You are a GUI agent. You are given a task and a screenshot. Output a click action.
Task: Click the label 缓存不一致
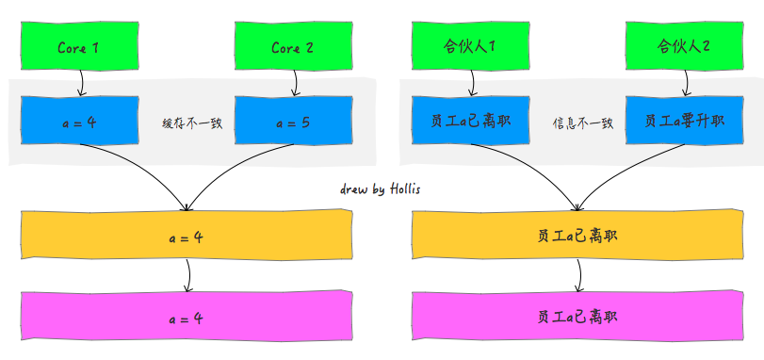pyautogui.click(x=192, y=123)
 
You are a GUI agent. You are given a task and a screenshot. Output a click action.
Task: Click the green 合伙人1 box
pyautogui.click(x=470, y=46)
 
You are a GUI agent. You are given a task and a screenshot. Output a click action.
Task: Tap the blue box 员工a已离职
pyautogui.click(x=470, y=123)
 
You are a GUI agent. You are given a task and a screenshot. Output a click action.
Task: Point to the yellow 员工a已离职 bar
pyautogui.click(x=577, y=236)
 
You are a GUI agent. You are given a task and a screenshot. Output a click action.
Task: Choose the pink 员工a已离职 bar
pyautogui.click(x=577, y=318)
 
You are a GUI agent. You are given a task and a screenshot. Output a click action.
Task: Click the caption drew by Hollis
pyautogui.click(x=381, y=188)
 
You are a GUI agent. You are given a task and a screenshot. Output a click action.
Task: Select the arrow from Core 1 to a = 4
pyautogui.click(x=81, y=83)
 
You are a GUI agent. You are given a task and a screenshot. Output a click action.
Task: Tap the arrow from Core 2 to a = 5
pyautogui.click(x=295, y=83)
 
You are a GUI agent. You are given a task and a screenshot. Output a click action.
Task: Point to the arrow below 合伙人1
pyautogui.click(x=472, y=83)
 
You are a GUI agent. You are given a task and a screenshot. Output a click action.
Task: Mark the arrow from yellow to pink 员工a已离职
pyautogui.click(x=579, y=275)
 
